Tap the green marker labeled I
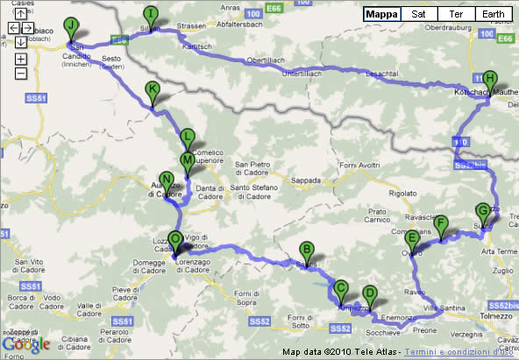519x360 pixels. [152, 14]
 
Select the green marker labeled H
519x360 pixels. [489, 77]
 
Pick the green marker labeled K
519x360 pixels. [153, 89]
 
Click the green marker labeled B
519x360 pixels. [307, 249]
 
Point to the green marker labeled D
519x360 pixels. [369, 293]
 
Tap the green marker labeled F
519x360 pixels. [441, 222]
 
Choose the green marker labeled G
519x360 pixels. [480, 211]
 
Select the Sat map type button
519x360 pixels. [419, 15]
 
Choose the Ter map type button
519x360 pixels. [455, 15]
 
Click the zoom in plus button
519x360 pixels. [21, 60]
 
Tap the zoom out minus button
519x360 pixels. [21, 74]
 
